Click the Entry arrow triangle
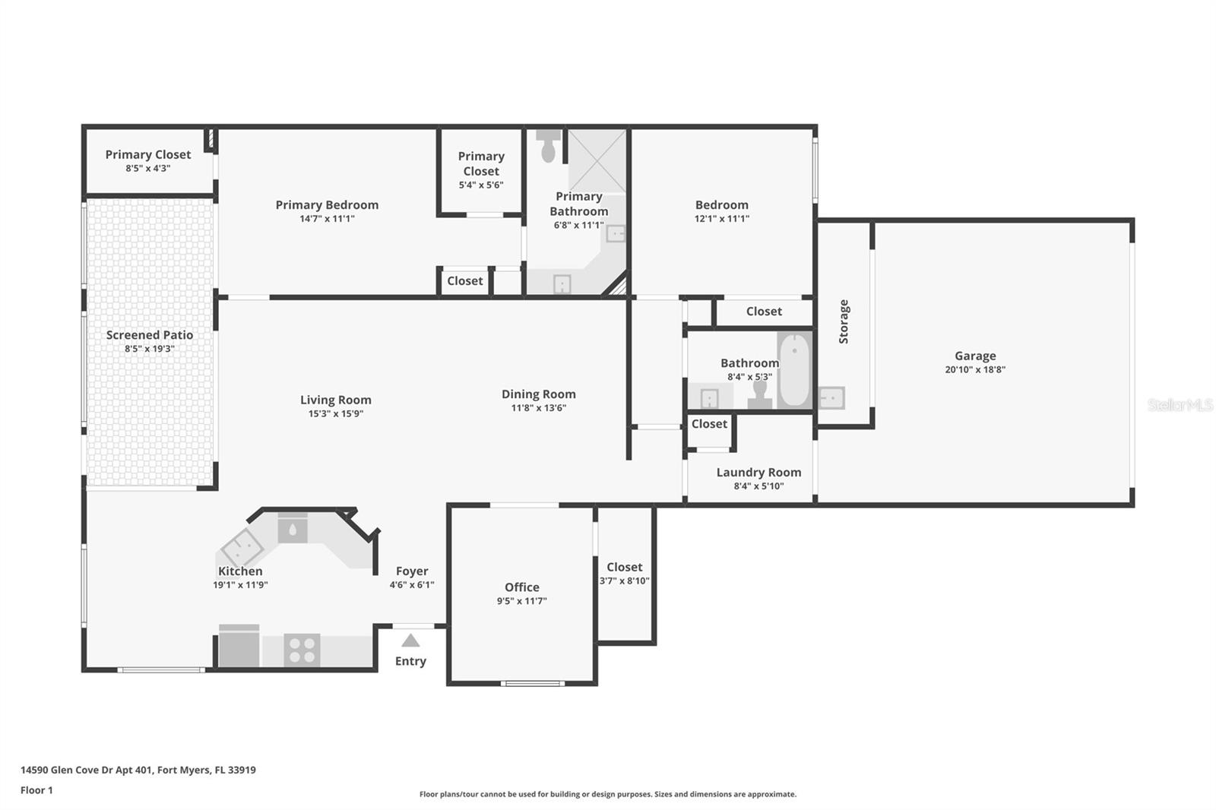(x=410, y=641)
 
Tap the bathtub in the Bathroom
(x=794, y=372)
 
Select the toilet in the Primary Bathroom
(x=548, y=145)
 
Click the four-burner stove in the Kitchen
(x=302, y=650)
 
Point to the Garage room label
(x=975, y=356)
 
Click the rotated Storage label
(x=844, y=321)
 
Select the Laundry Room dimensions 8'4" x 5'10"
(x=758, y=486)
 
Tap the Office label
(x=521, y=587)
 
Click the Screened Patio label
(x=150, y=334)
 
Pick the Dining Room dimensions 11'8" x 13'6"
(x=538, y=408)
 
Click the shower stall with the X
(x=597, y=160)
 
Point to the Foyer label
(x=412, y=571)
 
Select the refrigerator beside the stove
(x=239, y=647)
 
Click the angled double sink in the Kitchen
(x=242, y=546)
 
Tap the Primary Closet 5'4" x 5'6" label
(x=481, y=169)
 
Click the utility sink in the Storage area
(x=831, y=397)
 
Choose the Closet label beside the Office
(x=624, y=567)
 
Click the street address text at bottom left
(x=138, y=770)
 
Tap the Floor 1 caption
(x=36, y=790)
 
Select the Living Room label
(x=335, y=400)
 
